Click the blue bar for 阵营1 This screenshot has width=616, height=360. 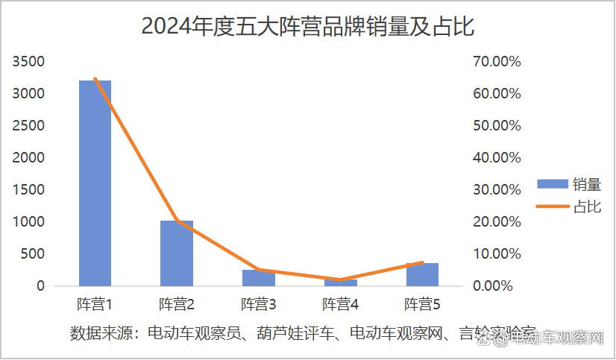tap(95, 183)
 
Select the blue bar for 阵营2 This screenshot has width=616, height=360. tap(177, 253)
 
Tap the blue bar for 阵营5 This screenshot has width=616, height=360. tap(422, 274)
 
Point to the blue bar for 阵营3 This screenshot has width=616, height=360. tap(259, 278)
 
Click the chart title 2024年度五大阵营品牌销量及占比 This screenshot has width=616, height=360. tap(308, 28)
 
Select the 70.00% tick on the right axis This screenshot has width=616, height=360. tap(497, 61)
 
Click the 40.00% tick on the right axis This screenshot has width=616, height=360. tap(497, 158)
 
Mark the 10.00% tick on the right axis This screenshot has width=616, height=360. tap(497, 254)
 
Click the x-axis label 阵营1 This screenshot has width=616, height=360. tap(95, 305)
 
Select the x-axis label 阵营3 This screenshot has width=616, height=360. tap(259, 305)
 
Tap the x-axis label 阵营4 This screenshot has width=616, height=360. tap(341, 305)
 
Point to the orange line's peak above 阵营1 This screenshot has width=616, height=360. tap(95, 79)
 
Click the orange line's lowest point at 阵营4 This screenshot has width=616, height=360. tap(341, 280)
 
